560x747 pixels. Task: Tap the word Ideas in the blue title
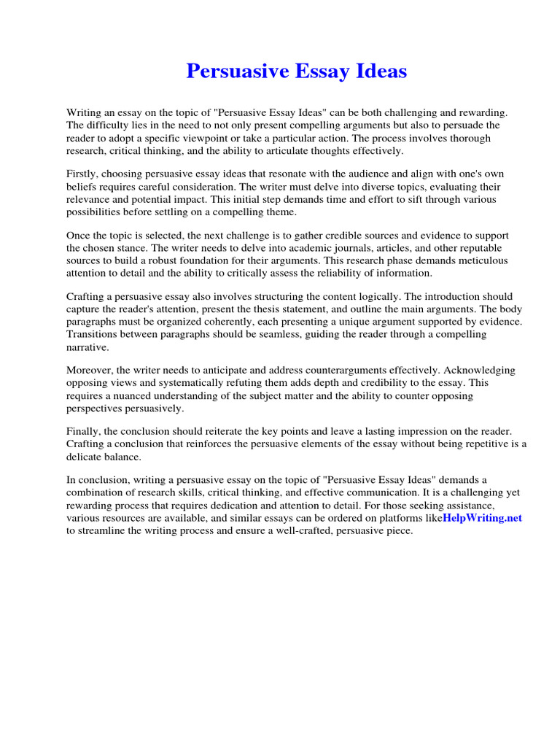tap(377, 71)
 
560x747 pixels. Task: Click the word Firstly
tap(82, 174)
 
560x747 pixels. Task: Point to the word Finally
tap(84, 433)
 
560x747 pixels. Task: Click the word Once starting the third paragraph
tap(79, 236)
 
